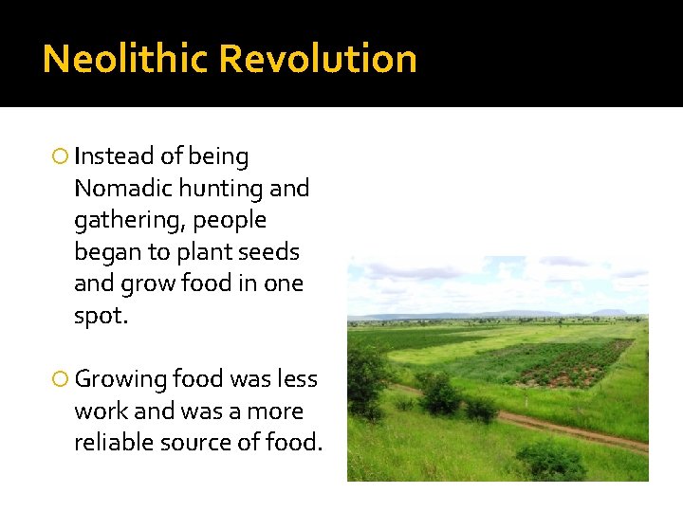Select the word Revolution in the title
(318, 59)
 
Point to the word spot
(99, 317)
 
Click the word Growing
(120, 379)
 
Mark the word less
(298, 379)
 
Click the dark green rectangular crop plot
(550, 365)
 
